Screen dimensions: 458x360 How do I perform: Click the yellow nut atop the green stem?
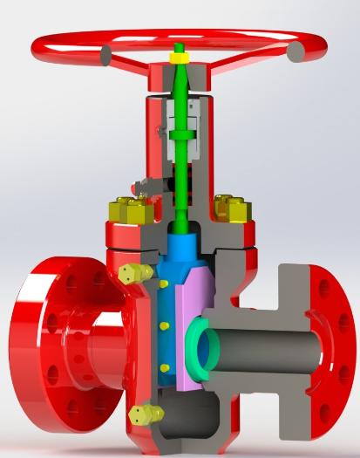pyautogui.click(x=179, y=58)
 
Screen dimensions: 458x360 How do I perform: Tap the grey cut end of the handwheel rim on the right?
pyautogui.click(x=295, y=52)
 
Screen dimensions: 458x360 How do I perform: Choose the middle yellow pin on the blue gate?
pyautogui.click(x=165, y=325)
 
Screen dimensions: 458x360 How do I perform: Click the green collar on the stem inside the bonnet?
pyautogui.click(x=183, y=136)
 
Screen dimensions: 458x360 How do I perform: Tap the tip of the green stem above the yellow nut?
pyautogui.click(x=179, y=46)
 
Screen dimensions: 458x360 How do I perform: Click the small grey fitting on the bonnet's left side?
pyautogui.click(x=138, y=186)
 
